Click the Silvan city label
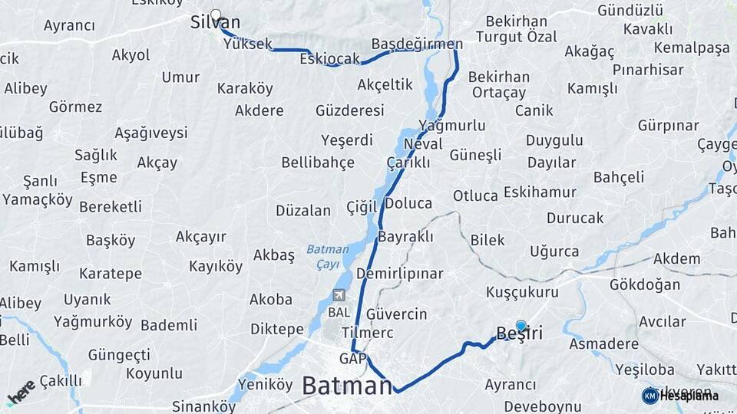click(215, 23)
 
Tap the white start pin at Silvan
click(216, 15)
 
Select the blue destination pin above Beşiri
click(521, 326)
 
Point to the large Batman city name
click(347, 385)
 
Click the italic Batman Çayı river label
click(328, 256)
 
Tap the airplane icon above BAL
click(339, 295)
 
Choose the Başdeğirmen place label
click(417, 44)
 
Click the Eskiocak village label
click(330, 59)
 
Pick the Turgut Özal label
click(516, 37)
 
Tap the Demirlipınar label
click(400, 274)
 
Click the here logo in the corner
click(21, 391)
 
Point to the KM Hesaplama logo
click(680, 396)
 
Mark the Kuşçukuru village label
click(523, 292)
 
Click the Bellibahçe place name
click(318, 163)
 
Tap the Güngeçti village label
click(119, 355)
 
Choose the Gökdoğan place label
click(644, 284)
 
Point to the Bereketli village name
click(111, 207)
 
